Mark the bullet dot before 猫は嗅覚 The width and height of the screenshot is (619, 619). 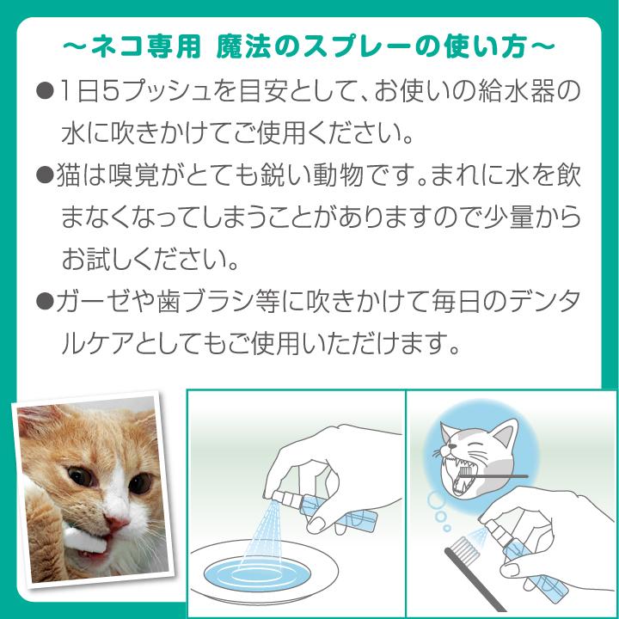coord(46,177)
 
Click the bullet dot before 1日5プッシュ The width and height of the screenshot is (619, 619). coord(46,90)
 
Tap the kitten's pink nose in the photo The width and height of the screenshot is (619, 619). coord(118,524)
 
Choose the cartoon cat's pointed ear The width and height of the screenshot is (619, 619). coord(507,431)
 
